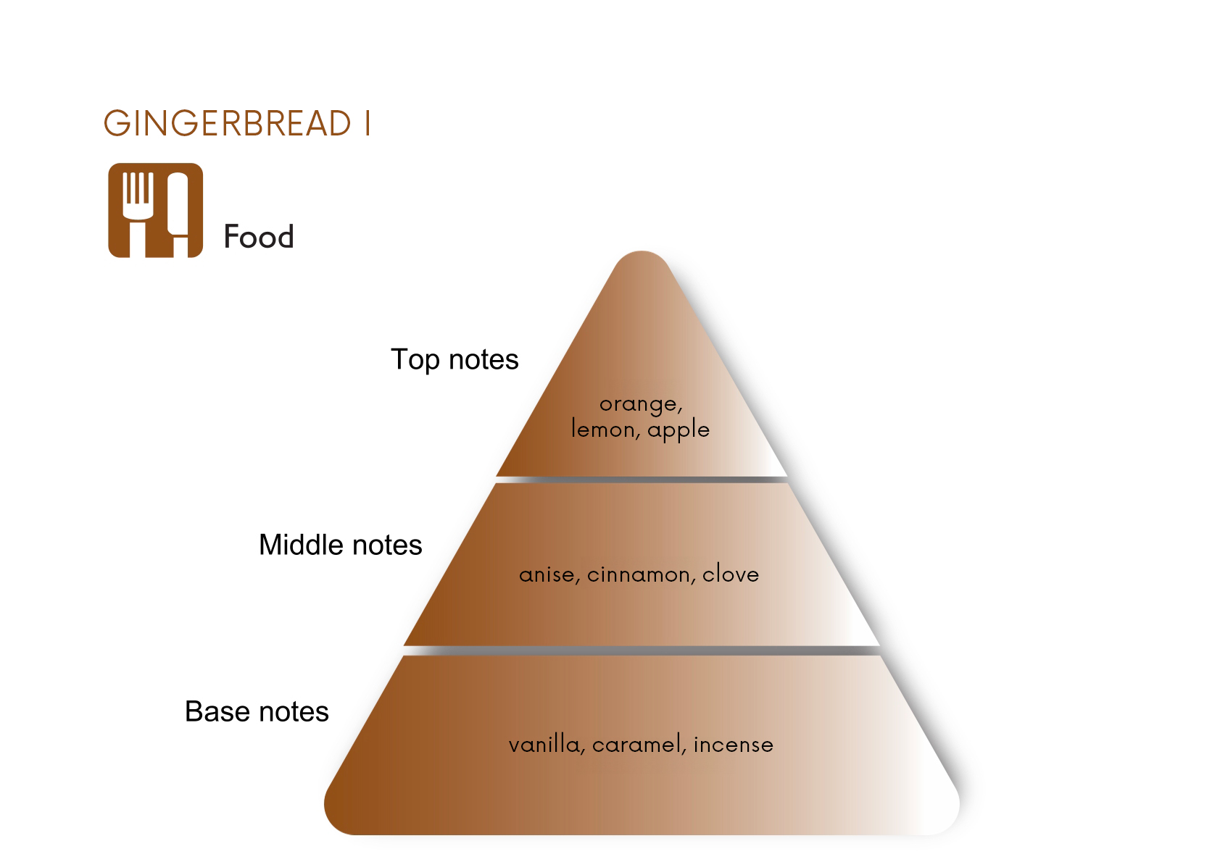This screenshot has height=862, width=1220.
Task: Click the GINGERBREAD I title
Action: pyautogui.click(x=237, y=123)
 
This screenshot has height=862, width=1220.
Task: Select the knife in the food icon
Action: pyautogui.click(x=178, y=214)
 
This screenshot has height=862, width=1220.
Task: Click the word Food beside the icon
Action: pyautogui.click(x=259, y=237)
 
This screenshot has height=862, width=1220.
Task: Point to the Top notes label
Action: pyautogui.click(x=455, y=360)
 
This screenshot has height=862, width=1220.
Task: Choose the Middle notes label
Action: pyautogui.click(x=341, y=545)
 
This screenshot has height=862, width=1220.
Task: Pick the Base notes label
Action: pyautogui.click(x=257, y=711)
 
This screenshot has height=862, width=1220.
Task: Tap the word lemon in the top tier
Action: pyautogui.click(x=605, y=429)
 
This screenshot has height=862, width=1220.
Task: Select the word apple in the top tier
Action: pyautogui.click(x=679, y=430)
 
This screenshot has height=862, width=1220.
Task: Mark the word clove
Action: pyautogui.click(x=731, y=574)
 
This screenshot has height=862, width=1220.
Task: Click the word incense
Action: pyautogui.click(x=733, y=745)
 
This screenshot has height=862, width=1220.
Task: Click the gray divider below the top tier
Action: pyautogui.click(x=642, y=480)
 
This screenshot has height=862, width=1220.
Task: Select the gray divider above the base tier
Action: pyautogui.click(x=642, y=650)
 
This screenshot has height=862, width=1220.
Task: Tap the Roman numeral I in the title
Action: pyautogui.click(x=368, y=123)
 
